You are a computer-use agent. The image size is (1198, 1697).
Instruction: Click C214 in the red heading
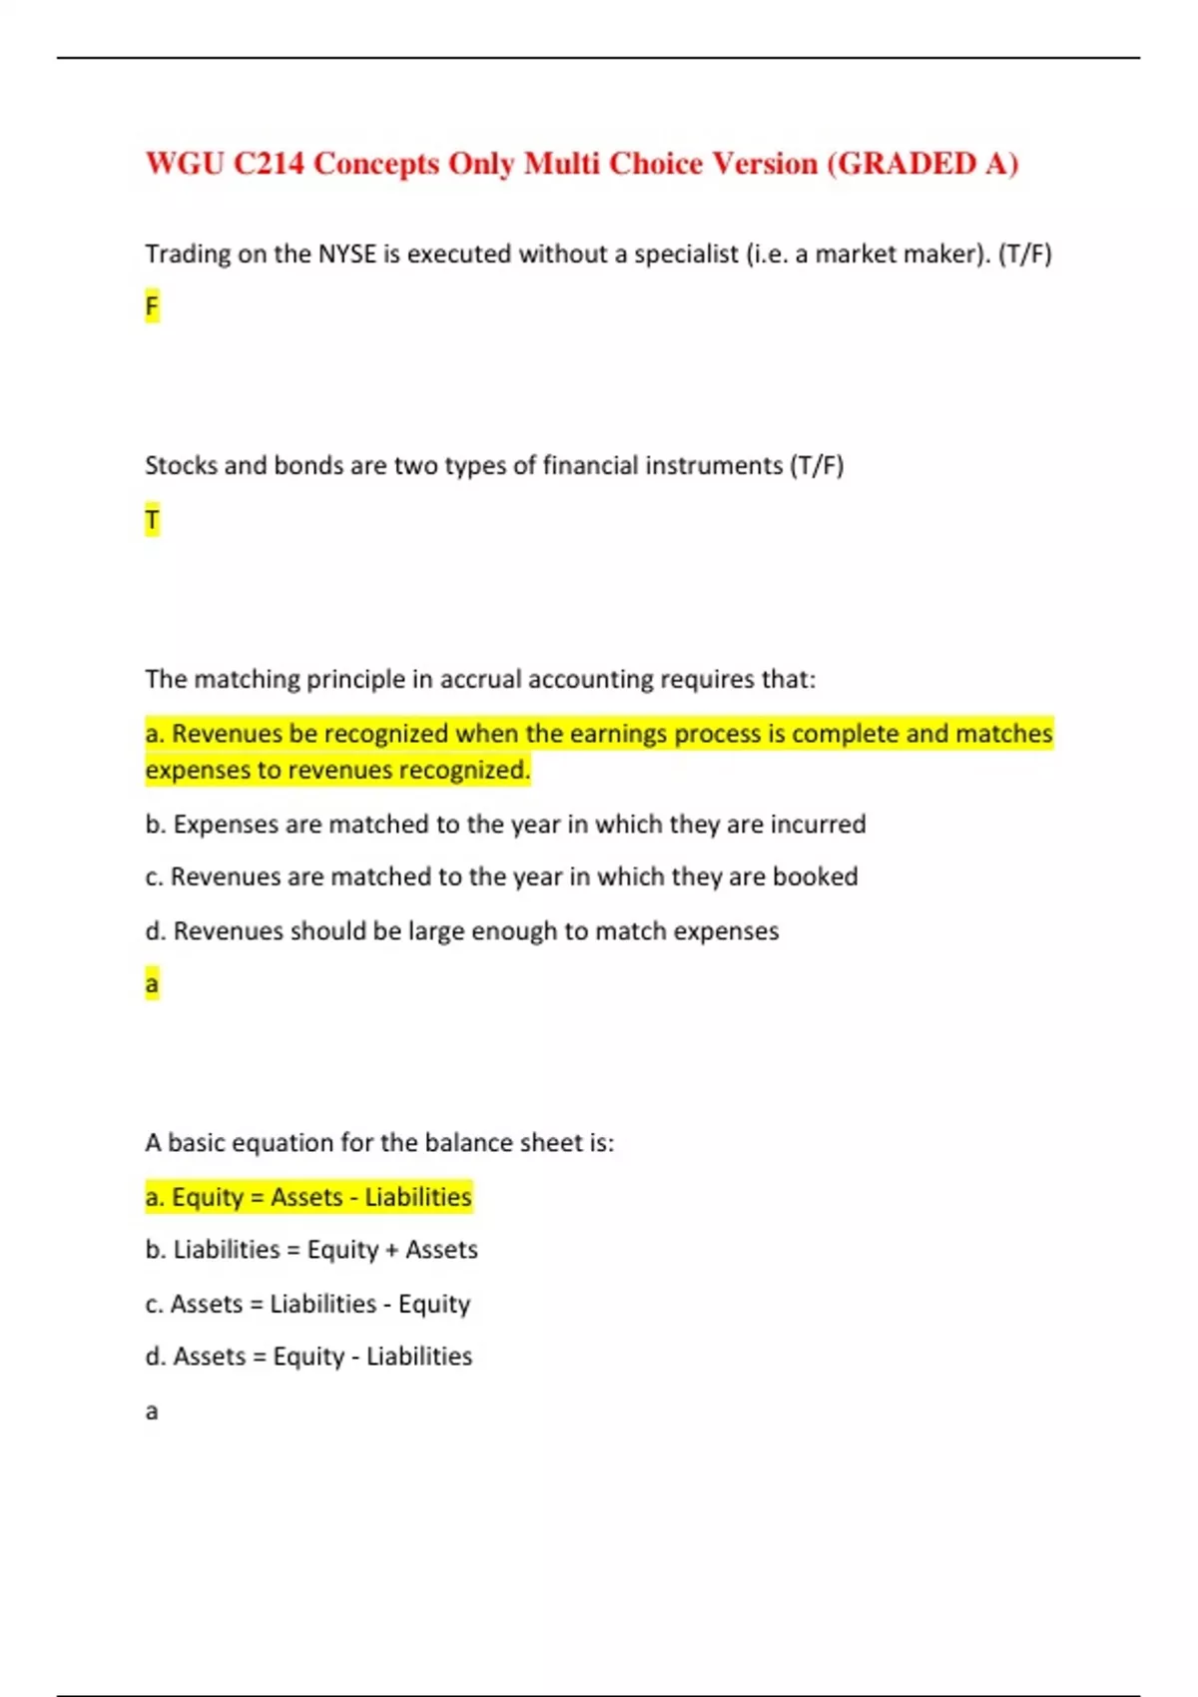coord(269,164)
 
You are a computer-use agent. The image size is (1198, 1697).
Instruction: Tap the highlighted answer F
coord(152,306)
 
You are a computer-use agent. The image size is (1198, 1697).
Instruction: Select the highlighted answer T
coord(152,520)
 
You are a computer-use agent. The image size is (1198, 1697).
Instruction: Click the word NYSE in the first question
coord(346,255)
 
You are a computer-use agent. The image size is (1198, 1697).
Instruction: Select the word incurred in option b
coord(818,825)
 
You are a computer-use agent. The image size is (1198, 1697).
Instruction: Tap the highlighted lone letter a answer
coord(152,984)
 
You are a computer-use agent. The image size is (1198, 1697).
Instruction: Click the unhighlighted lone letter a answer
coord(152,1412)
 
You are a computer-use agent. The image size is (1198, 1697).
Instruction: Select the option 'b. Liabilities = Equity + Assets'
coord(311,1250)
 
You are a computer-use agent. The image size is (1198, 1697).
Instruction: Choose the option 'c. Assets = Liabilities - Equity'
coord(307,1304)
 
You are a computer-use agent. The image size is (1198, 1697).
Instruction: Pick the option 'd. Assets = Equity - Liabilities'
coord(308,1357)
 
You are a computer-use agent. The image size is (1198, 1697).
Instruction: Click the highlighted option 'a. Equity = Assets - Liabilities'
coord(308,1197)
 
